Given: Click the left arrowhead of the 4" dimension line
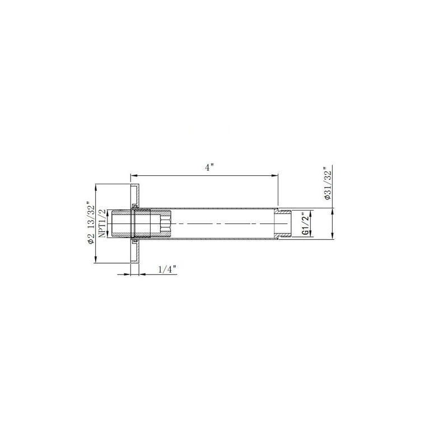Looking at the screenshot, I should pos(133,176).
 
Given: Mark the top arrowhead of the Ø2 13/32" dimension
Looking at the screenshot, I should pos(97,188).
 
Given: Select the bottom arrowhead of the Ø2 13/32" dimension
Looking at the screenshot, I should pos(97,259).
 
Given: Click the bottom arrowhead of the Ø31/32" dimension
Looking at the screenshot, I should pos(334,237).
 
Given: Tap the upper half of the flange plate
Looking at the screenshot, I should pos(134,195).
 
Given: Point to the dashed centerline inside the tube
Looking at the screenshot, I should pos(224,224).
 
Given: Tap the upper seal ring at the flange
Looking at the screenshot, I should pos(134,206).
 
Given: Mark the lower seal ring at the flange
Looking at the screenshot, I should pos(134,242).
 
